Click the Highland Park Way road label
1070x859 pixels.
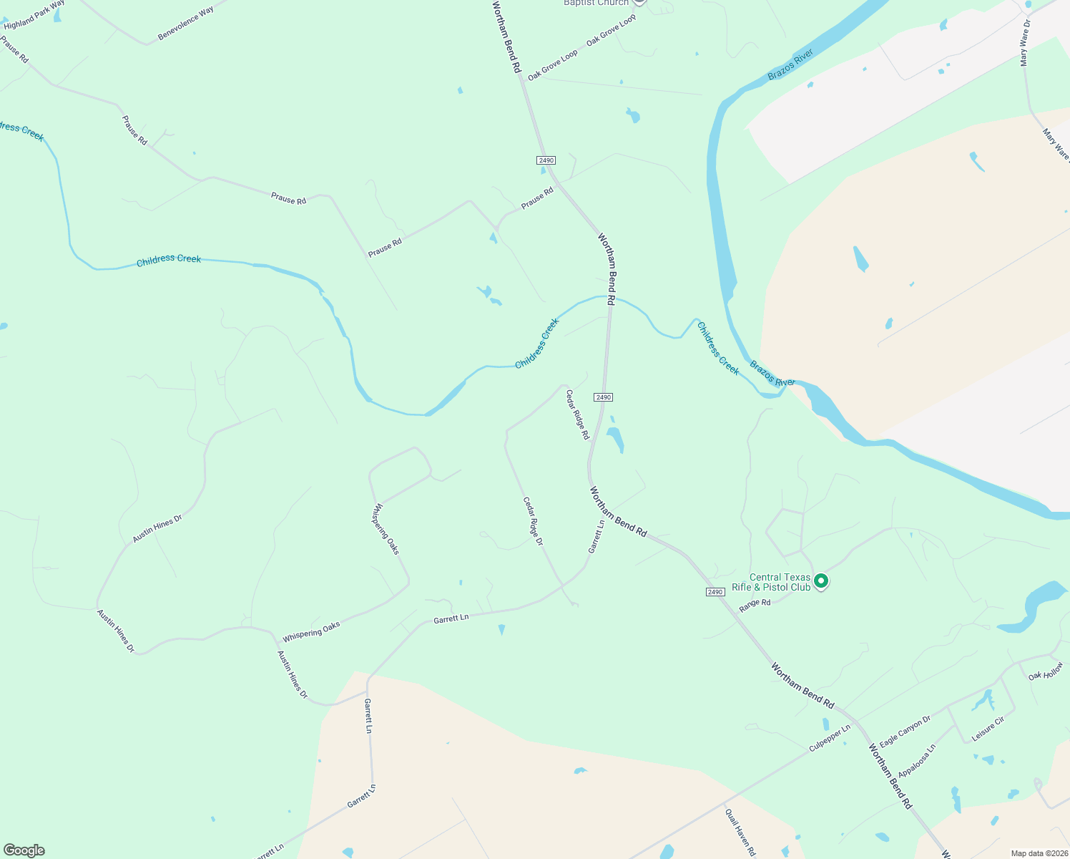[34, 15]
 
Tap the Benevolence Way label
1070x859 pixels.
[185, 24]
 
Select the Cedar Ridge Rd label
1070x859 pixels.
[577, 414]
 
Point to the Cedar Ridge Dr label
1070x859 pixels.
[533, 522]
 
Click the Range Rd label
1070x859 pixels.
[755, 605]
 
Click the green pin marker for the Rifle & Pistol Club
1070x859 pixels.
[821, 581]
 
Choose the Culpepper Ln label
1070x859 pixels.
[830, 738]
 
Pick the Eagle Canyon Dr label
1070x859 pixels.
[905, 731]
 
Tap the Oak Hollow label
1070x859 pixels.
[1046, 671]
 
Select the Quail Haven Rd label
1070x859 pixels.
[740, 833]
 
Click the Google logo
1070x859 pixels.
[24, 850]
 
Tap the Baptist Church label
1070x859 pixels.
[596, 3]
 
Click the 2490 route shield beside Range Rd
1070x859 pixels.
[715, 592]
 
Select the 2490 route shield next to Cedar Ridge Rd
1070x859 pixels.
[603, 397]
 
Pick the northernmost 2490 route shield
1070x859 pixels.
[546, 160]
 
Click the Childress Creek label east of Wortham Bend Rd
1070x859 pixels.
[717, 349]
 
